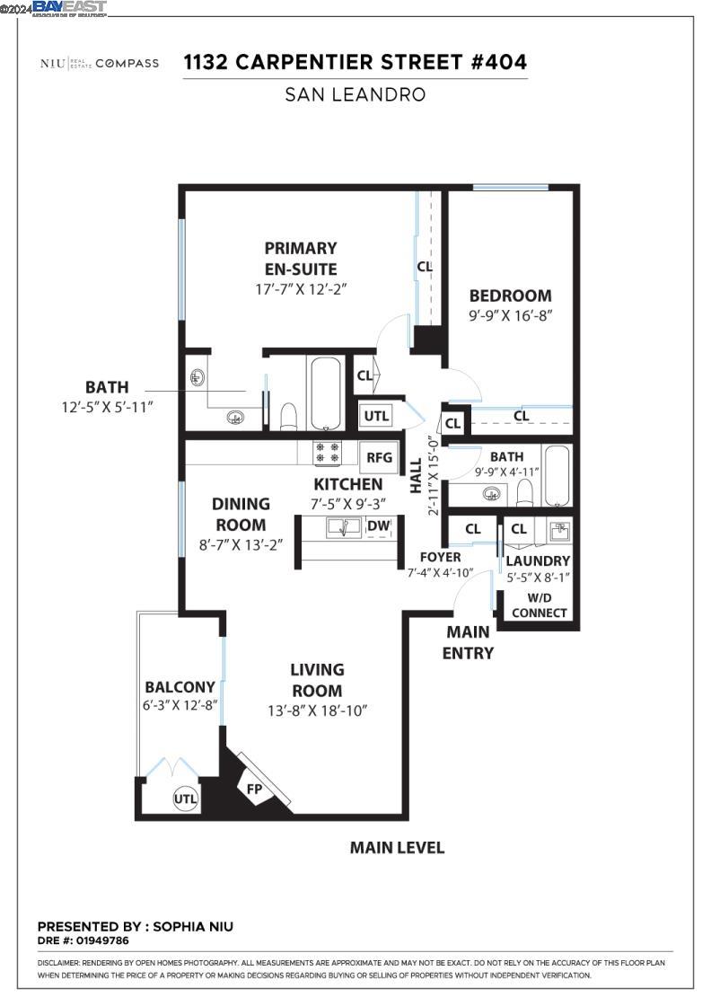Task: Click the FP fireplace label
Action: [253, 790]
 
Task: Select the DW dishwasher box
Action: [379, 526]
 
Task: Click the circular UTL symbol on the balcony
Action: [185, 798]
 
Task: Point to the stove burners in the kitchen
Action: [325, 453]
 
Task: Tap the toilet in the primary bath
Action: [288, 416]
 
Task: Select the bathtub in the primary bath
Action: [324, 393]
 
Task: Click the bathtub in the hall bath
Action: [557, 476]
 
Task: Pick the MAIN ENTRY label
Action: [469, 642]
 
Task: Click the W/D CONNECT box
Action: [540, 605]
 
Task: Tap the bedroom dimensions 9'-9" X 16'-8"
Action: [510, 315]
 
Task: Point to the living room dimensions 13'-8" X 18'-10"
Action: [317, 710]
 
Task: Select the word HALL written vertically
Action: [416, 476]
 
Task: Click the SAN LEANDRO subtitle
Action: [355, 94]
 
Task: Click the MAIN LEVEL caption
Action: [397, 847]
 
